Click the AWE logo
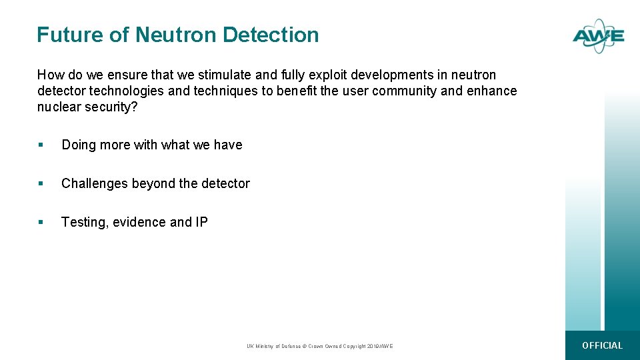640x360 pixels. tap(598, 37)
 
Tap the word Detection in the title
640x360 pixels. tap(271, 35)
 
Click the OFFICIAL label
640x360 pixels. tap(602, 345)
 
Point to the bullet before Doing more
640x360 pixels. tap(41, 145)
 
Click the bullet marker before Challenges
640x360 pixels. tap(41, 184)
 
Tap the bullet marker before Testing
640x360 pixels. tap(41, 223)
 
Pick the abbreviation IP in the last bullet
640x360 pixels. tap(201, 222)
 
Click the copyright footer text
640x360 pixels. tap(320, 346)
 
